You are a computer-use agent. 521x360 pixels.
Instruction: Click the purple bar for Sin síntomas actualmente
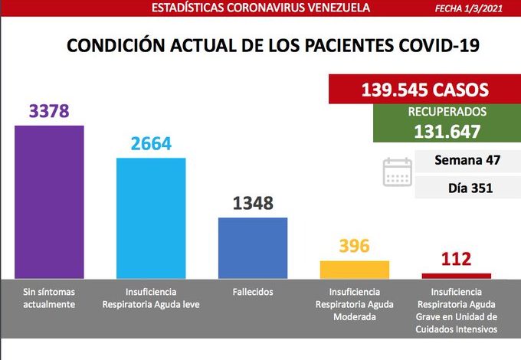[x=49, y=201]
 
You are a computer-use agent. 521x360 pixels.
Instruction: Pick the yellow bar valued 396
[x=354, y=269]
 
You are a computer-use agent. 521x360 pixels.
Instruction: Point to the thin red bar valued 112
[x=457, y=275]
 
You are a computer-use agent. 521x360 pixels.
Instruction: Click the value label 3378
[x=49, y=112]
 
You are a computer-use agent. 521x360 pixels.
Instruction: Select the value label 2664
[x=151, y=144]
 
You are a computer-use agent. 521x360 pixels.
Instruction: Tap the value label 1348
[x=253, y=204]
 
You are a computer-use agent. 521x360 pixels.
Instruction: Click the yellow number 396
[x=354, y=247]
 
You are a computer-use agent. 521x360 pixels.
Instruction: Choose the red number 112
[x=456, y=260]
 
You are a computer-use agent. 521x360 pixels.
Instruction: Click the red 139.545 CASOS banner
[x=424, y=90]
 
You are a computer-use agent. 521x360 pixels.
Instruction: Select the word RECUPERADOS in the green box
[x=436, y=112]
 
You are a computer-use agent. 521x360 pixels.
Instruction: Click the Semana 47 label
[x=467, y=161]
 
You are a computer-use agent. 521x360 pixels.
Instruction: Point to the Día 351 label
[x=470, y=187]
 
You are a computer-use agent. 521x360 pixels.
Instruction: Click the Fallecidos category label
[x=253, y=292]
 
